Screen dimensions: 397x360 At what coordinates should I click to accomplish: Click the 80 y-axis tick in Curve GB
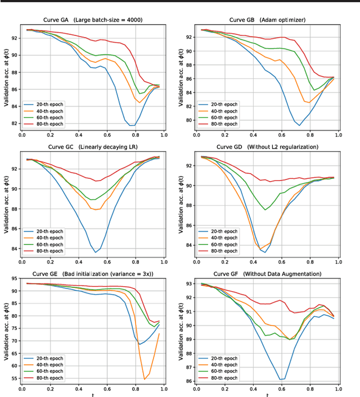191,120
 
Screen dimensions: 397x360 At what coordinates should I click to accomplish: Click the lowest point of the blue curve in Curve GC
96,252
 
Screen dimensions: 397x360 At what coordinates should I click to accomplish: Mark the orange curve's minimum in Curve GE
145,380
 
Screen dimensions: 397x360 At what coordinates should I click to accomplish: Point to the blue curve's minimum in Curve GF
281,380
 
